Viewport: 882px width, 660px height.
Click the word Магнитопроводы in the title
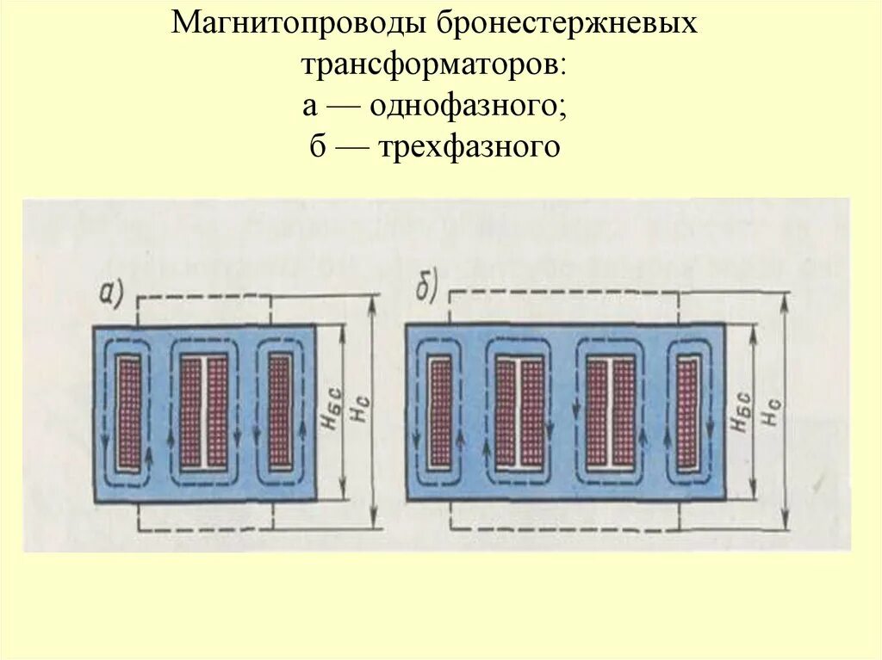299,23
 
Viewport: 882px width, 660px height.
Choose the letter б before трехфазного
318,147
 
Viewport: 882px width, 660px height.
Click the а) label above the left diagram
112,294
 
